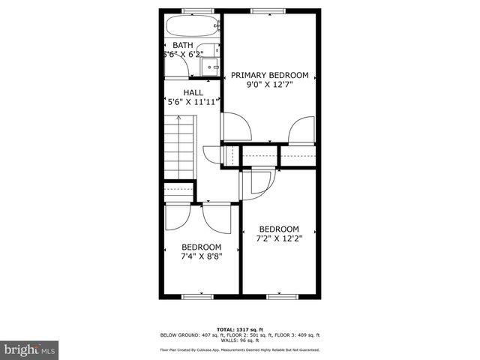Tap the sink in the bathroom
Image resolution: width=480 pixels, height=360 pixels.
(x=213, y=67)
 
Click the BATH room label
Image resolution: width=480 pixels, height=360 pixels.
(x=183, y=45)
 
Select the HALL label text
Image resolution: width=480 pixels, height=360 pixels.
(x=193, y=92)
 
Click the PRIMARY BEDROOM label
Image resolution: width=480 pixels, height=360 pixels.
(x=270, y=75)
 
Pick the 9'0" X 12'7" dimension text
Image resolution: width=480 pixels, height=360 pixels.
(x=270, y=85)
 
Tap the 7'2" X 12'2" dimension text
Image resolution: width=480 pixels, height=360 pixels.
(x=279, y=239)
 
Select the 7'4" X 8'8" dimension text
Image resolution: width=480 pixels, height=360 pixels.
(x=202, y=256)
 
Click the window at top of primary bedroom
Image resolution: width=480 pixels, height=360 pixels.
(x=262, y=10)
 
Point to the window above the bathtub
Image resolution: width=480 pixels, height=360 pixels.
(x=192, y=10)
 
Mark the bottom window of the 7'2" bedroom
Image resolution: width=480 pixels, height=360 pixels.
(x=278, y=296)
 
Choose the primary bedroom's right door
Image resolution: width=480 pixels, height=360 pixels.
(x=301, y=129)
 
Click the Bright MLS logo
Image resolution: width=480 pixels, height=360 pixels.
(x=30, y=349)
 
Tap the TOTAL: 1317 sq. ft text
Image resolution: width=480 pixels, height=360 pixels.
(x=240, y=329)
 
